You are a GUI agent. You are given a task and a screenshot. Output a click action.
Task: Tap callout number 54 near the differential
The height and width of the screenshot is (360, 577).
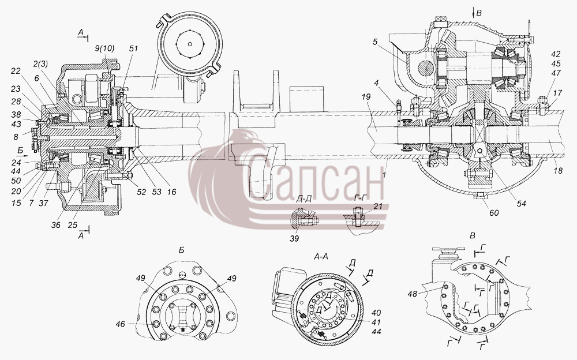521,203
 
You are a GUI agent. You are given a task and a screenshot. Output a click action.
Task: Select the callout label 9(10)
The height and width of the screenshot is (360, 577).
104,48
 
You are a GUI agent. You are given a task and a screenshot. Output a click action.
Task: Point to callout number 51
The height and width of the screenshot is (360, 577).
133,48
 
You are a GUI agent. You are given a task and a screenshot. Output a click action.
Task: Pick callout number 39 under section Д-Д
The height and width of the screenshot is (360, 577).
294,238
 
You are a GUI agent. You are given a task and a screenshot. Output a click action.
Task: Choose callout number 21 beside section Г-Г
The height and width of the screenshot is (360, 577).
377,207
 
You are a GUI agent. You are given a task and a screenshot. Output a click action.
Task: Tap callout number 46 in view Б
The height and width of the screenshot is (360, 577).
120,324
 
